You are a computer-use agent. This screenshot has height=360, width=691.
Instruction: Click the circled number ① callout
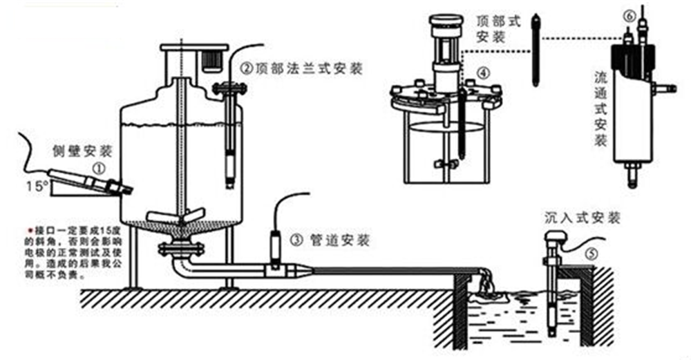(x=100, y=167)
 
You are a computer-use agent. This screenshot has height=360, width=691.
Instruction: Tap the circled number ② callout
(x=245, y=68)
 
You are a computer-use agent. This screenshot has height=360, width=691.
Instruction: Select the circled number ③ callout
(x=296, y=240)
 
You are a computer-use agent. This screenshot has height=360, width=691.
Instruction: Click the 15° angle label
(x=37, y=186)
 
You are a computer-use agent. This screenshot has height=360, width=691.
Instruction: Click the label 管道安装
(x=339, y=240)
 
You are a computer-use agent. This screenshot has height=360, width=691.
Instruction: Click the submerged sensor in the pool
(x=552, y=304)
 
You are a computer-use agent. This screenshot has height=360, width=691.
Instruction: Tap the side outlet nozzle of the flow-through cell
(x=665, y=88)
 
